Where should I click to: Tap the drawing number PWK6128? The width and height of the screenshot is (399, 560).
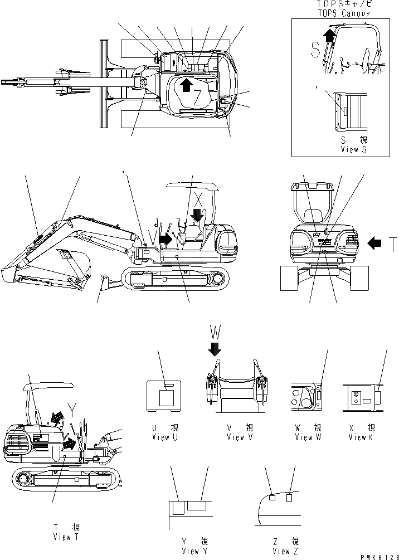click(x=376, y=556)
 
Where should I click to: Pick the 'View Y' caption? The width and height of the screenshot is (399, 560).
click(x=195, y=551)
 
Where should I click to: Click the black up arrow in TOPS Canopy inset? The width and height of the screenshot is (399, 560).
click(x=330, y=36)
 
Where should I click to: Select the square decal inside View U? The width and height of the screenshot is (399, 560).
click(x=167, y=400)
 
